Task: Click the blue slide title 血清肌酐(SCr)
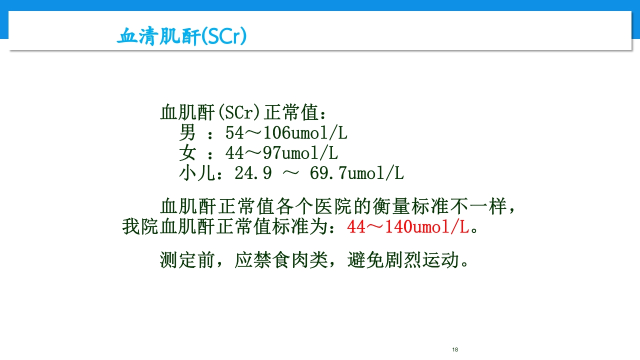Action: click(181, 37)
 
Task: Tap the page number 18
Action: click(454, 349)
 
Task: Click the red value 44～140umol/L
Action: click(408, 227)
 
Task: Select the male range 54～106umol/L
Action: click(286, 133)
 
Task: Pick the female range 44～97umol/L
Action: click(281, 153)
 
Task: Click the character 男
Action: click(187, 133)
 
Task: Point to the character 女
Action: click(187, 153)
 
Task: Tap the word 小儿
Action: click(197, 173)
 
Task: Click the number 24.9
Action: click(253, 173)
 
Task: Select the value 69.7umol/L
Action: click(356, 173)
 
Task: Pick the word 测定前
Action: click(187, 260)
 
